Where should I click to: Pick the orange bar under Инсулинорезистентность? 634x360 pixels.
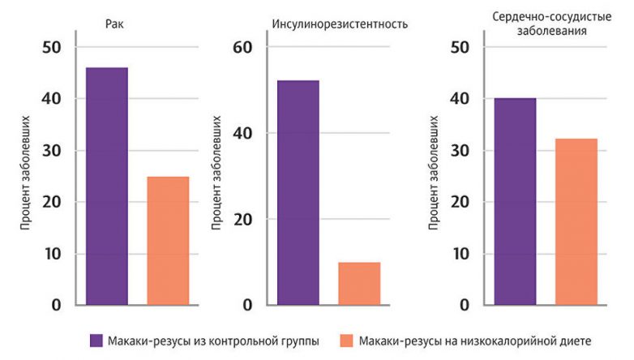[x=359, y=283]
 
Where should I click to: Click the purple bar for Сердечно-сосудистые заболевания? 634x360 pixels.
[x=515, y=202]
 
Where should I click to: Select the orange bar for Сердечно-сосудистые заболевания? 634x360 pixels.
[x=576, y=222]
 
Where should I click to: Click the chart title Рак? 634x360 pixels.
[x=114, y=24]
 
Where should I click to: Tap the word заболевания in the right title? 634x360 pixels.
[x=551, y=30]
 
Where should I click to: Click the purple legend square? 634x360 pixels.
[x=96, y=341]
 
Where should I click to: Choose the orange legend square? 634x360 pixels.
[x=345, y=341]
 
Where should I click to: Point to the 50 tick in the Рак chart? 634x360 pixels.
[x=50, y=48]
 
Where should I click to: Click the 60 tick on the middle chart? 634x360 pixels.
[x=243, y=48]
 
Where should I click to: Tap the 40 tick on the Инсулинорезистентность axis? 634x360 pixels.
[x=243, y=134]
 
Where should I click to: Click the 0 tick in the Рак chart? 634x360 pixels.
[x=56, y=306]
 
